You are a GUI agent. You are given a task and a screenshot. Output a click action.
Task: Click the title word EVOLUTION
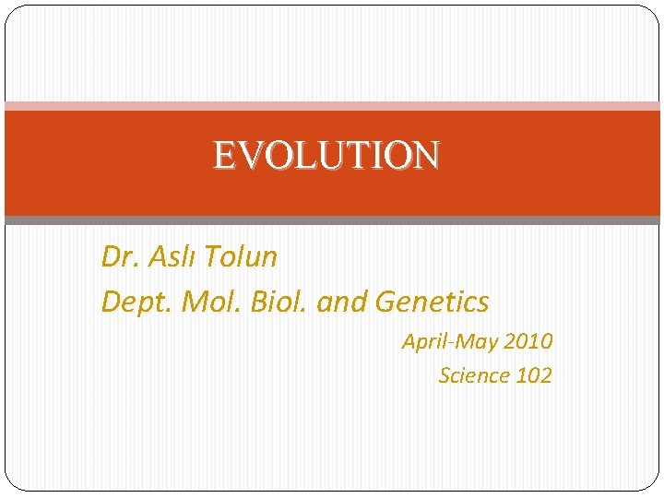[326, 155]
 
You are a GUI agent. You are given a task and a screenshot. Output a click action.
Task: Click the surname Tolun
[242, 257]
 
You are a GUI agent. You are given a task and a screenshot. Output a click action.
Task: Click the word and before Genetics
[340, 302]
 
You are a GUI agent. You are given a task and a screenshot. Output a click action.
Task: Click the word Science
[474, 375]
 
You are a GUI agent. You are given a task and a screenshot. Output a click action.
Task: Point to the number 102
[534, 375]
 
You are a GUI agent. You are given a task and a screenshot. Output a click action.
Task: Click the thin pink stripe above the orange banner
[332, 106]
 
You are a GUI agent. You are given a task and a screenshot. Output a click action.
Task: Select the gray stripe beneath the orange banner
[332, 220]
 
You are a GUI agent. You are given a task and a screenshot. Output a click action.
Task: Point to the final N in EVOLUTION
[425, 155]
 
